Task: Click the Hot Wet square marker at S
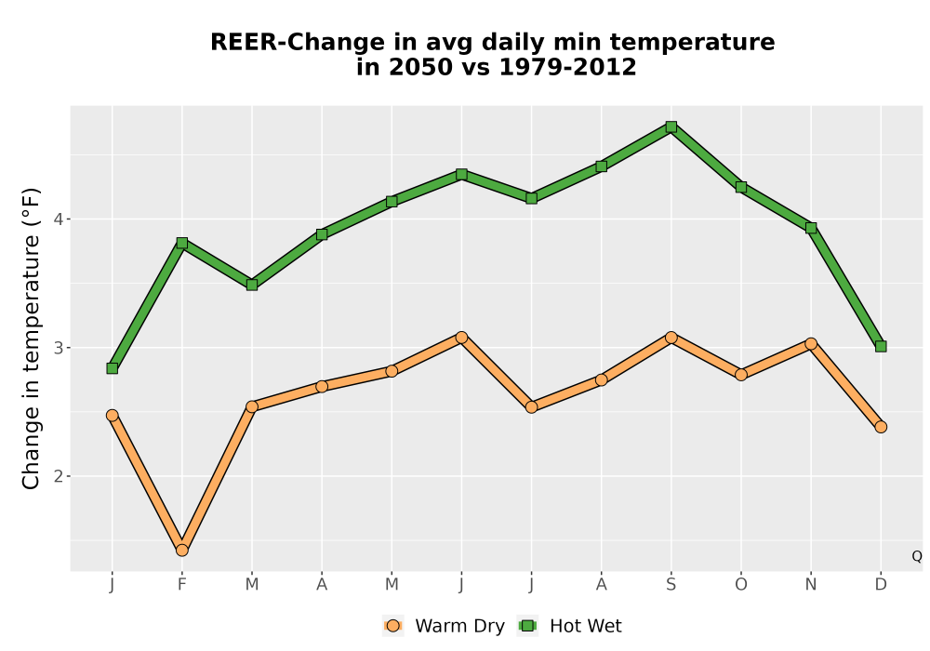671,126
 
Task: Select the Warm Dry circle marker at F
182,551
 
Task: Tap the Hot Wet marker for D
881,346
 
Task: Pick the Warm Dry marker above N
811,344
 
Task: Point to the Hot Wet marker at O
741,187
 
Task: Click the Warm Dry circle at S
671,338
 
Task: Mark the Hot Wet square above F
182,243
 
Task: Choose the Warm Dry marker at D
881,427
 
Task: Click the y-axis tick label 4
58,219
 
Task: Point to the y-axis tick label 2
58,476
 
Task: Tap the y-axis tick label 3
58,348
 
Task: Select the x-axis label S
671,585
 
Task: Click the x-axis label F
182,585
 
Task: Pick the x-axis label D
881,585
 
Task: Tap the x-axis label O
741,585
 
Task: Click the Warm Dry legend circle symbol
392,626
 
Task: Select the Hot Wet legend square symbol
527,626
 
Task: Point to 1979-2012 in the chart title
567,67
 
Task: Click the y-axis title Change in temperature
31,361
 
